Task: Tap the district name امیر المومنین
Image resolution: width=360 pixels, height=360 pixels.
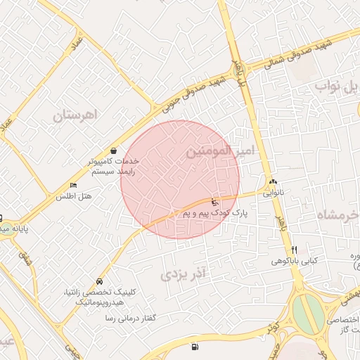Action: click(x=220, y=151)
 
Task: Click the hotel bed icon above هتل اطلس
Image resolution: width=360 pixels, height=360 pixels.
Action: click(x=72, y=185)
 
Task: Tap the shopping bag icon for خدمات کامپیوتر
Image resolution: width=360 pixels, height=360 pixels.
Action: click(x=114, y=150)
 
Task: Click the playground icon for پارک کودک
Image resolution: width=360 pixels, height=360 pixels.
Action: click(x=214, y=202)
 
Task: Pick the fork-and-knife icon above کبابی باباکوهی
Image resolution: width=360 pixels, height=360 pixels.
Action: click(x=294, y=250)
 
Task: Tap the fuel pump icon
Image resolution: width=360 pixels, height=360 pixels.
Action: click(x=195, y=347)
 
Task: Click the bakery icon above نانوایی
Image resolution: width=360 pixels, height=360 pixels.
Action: click(x=273, y=182)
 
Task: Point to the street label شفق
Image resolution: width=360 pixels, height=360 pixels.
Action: click(x=29, y=258)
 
